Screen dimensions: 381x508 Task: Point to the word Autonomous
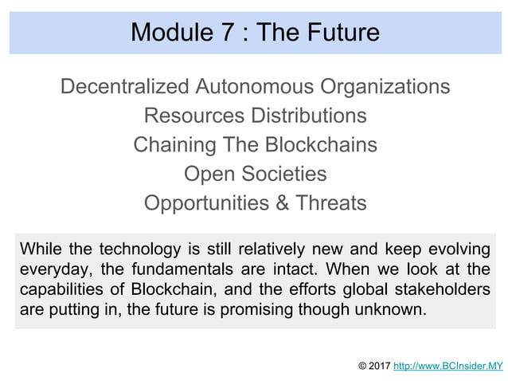point(253,86)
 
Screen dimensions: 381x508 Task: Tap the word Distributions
point(309,116)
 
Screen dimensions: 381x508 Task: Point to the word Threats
point(331,203)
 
